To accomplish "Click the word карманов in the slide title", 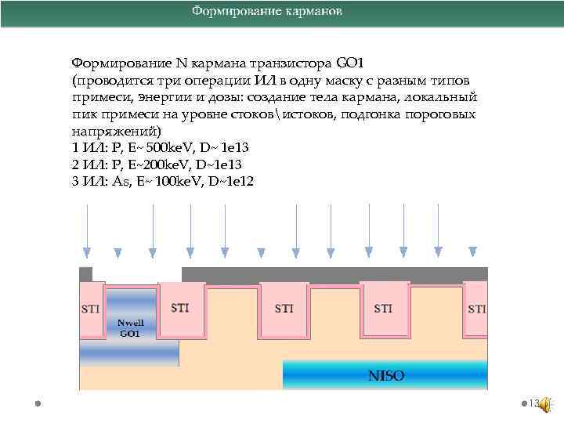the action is pos(309,12).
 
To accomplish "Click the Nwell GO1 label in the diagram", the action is pos(130,327).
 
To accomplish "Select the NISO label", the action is pos(386,376).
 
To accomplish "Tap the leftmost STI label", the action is pos(91,309).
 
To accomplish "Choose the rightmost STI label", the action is pos(476,309).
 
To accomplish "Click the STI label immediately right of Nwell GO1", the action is pos(179,307).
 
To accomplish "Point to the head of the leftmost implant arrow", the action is pos(87,252).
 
